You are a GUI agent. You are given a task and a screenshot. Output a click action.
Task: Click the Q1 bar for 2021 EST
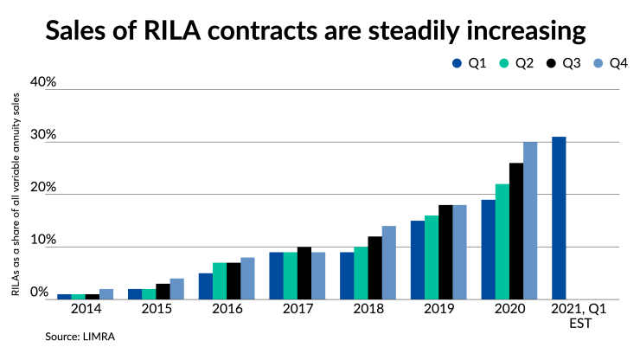click(559, 218)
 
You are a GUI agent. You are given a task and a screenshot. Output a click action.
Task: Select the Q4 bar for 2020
click(530, 221)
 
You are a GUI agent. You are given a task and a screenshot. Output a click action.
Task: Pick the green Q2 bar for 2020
click(502, 241)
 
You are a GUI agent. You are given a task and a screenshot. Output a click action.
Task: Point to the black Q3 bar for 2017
click(304, 273)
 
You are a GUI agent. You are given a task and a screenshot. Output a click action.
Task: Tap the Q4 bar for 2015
click(177, 288)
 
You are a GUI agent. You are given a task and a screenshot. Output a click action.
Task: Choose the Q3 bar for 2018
click(374, 267)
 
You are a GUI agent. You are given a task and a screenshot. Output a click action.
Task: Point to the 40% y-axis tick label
click(43, 82)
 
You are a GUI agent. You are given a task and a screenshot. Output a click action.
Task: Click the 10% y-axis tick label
click(43, 240)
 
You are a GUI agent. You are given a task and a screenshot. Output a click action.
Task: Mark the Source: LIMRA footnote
click(80, 337)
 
